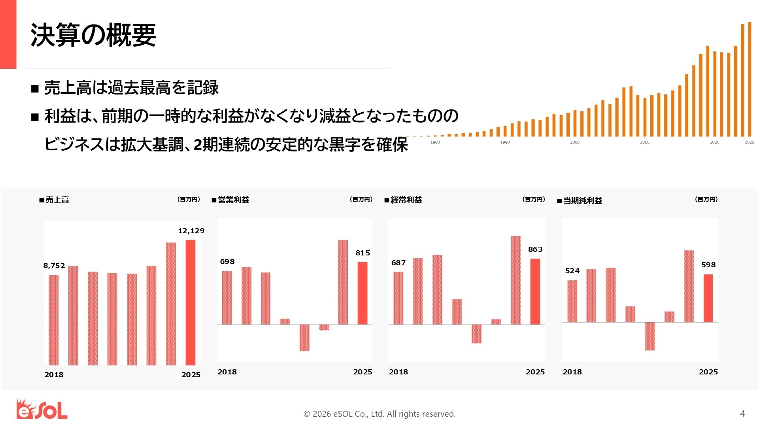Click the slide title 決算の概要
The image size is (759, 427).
(x=93, y=35)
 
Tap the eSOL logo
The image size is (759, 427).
(x=42, y=409)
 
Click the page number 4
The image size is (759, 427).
(x=742, y=414)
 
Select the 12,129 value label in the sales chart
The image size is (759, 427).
(x=191, y=231)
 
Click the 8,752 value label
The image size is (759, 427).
(x=54, y=266)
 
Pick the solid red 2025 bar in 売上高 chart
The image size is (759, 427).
(x=191, y=302)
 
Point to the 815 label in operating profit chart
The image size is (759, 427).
(x=363, y=253)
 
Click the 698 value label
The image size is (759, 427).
(x=227, y=262)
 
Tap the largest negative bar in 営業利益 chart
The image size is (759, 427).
(x=304, y=338)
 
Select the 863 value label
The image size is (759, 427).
(x=535, y=249)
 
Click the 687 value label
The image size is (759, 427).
(x=398, y=263)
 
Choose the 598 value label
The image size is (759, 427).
(x=708, y=265)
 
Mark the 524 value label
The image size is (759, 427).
(x=572, y=271)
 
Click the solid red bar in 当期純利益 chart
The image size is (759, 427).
(x=708, y=298)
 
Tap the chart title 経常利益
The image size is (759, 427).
(x=406, y=200)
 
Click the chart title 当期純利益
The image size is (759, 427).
(x=582, y=201)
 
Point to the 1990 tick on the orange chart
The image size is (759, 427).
(x=505, y=142)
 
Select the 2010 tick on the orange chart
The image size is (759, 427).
(x=644, y=142)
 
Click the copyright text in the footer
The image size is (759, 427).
(x=379, y=414)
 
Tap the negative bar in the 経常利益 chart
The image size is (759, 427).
(x=476, y=334)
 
